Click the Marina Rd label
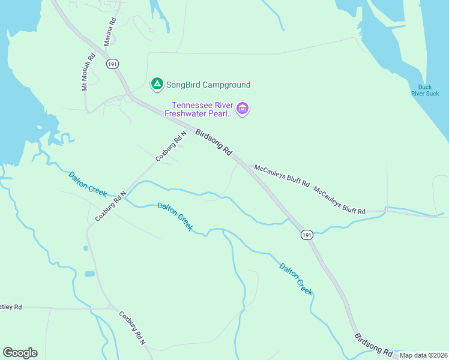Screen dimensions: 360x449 click(110, 29)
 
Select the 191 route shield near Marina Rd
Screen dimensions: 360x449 click(112, 64)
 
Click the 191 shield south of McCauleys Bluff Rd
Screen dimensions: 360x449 click(307, 235)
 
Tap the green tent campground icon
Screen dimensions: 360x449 click(157, 85)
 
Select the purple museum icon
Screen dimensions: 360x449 click(243, 109)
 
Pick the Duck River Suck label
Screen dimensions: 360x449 click(425, 90)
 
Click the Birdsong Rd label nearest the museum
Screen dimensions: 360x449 click(214, 142)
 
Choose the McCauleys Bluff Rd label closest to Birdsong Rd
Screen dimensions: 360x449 click(282, 175)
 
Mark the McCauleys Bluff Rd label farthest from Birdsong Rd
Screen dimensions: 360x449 click(339, 200)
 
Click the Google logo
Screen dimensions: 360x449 click(20, 353)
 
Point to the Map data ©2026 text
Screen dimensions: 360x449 click(423, 355)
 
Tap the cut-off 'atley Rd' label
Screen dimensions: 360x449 click(11, 307)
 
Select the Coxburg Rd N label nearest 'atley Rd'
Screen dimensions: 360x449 click(132, 328)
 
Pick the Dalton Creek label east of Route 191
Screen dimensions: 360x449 click(295, 278)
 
